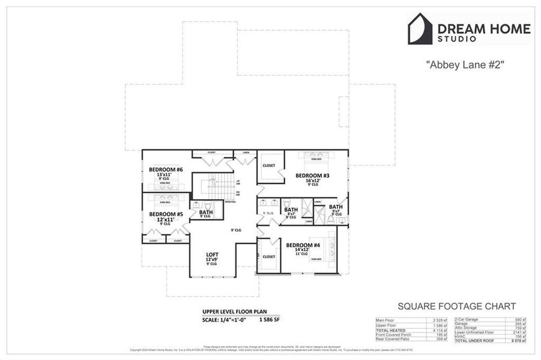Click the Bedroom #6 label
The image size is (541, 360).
(162, 170)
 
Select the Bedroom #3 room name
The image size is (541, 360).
(312, 176)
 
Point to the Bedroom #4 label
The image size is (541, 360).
(302, 245)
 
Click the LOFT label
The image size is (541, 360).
(212, 254)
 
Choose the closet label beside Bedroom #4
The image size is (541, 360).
(269, 256)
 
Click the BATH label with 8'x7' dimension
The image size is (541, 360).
(291, 209)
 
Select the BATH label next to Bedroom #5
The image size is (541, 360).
(206, 212)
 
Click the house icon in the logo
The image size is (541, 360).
(420, 29)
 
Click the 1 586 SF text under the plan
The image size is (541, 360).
(269, 320)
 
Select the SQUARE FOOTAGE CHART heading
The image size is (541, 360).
(456, 306)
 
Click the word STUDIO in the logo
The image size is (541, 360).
(457, 38)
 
